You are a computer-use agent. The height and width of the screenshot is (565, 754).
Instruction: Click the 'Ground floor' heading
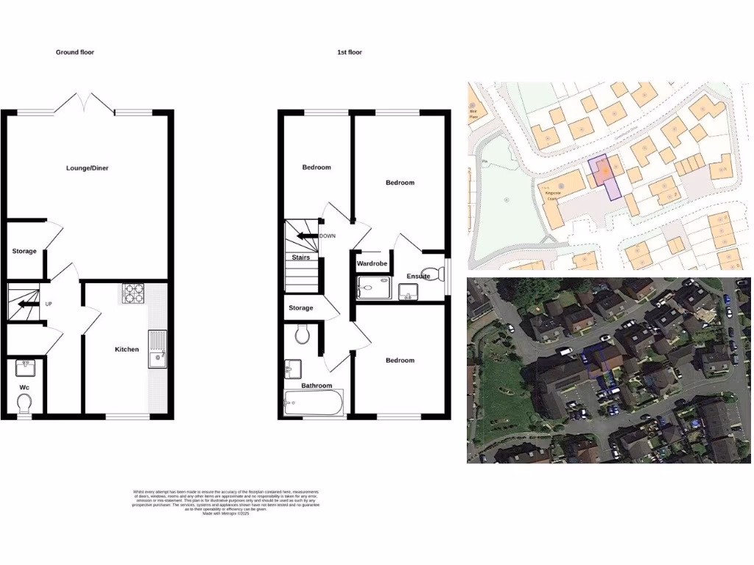coord(75,52)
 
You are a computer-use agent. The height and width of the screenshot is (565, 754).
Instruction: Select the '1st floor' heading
coord(350,52)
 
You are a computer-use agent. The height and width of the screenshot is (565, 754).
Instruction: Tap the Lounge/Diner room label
coord(88,168)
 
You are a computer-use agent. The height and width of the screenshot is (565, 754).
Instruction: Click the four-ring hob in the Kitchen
coord(134,294)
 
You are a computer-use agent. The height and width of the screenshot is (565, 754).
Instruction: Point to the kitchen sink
coord(158,350)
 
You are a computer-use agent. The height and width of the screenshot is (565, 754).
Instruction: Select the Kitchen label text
coord(127,349)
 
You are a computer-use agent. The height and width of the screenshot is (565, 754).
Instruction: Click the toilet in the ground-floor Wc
coord(24,403)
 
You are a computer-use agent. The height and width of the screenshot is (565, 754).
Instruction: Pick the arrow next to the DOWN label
coord(306,236)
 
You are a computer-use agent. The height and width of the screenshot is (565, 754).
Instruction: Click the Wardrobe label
coord(372,263)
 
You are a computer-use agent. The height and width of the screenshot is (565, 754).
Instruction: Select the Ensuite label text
coord(418,276)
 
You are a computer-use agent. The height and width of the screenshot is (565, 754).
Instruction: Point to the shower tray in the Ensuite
coord(375,287)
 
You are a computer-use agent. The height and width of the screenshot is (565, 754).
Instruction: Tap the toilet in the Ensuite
coord(440,274)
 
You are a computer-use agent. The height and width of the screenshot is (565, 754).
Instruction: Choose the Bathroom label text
coord(317,385)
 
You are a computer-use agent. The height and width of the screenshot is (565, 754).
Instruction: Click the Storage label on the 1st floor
coord(300,308)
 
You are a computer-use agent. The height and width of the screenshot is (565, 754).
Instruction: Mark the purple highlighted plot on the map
coord(605,174)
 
